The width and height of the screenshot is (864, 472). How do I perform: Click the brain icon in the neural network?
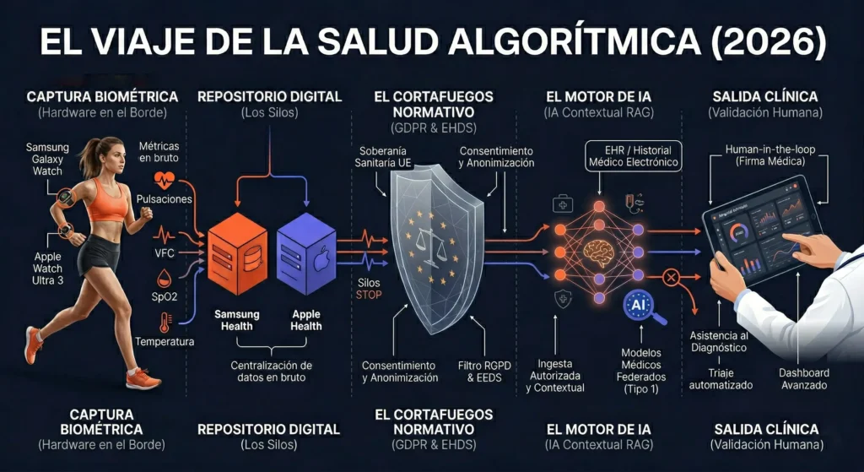600,250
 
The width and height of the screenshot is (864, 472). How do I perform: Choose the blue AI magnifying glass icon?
639,307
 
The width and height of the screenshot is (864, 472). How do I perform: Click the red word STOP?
369,296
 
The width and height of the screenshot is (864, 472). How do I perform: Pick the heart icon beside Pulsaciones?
163,179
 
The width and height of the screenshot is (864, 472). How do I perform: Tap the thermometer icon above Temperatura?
162,322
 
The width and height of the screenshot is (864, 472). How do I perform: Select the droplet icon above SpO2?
162,278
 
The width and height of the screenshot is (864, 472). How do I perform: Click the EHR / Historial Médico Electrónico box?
634,156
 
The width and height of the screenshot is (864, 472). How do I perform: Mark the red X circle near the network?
672,278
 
